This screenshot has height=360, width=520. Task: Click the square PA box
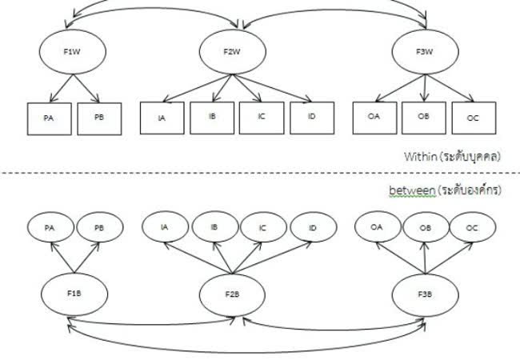[49, 118]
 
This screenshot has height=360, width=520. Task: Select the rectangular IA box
[162, 118]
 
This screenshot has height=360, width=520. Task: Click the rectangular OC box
[472, 118]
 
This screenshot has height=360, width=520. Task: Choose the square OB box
[423, 118]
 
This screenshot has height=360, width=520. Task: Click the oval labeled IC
[263, 227]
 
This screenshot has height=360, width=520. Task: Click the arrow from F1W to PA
[59, 86]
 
